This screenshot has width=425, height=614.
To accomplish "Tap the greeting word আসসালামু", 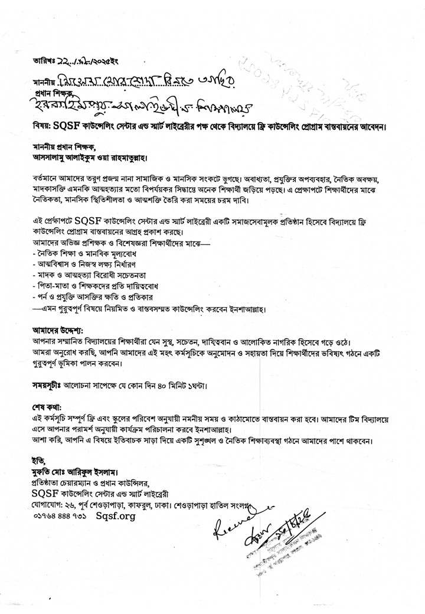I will (54, 158).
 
